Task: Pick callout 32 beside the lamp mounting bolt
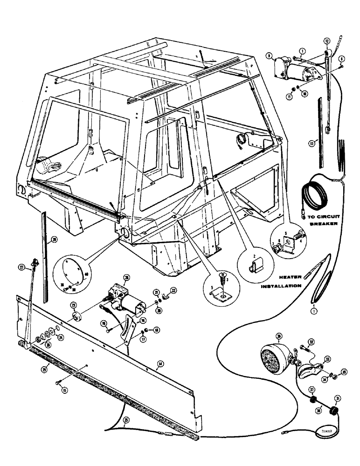pos(312,342)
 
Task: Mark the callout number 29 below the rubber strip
pos(45,369)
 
